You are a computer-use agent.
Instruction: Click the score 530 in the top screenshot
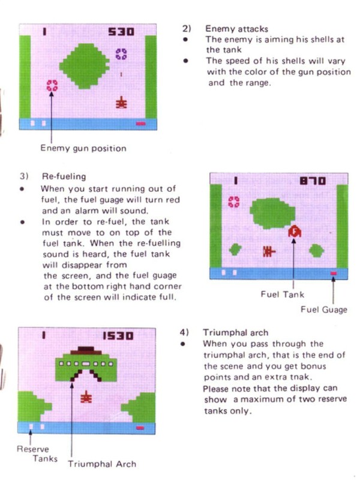[121, 31]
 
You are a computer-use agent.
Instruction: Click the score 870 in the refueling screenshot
[312, 181]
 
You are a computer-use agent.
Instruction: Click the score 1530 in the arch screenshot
[118, 335]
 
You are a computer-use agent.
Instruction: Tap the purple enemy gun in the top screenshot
[121, 54]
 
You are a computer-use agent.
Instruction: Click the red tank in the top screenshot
[121, 103]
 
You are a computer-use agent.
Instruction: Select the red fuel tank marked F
[295, 231]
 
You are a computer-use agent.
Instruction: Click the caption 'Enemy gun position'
[83, 148]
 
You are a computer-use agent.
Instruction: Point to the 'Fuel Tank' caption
[282, 294]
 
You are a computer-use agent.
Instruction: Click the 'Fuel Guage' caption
[324, 309]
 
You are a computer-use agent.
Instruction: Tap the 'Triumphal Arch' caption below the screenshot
[102, 464]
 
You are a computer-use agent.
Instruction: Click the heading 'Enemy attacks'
[236, 29]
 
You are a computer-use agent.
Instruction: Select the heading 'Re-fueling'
[64, 176]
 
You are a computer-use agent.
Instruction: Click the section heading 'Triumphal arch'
[235, 333]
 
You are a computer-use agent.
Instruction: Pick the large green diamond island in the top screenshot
[84, 66]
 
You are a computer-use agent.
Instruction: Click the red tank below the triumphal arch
[86, 397]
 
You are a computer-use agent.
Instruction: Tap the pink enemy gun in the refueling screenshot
[233, 202]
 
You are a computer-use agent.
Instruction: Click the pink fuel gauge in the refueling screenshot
[334, 273]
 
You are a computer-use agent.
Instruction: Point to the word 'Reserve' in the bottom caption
[32, 449]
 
